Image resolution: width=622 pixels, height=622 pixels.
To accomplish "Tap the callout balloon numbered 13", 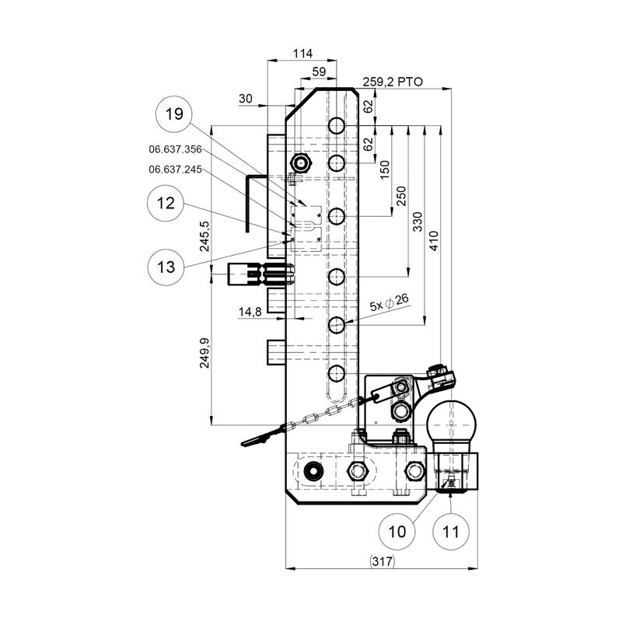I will (166, 267).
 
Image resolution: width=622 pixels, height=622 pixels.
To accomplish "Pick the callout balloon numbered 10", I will (397, 532).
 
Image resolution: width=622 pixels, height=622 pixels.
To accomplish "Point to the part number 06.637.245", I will (175, 169).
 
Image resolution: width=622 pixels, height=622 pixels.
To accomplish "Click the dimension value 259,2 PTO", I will (392, 81).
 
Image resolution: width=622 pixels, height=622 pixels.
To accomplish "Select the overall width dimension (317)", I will (380, 562).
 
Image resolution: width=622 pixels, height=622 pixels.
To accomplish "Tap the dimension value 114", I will (302, 54).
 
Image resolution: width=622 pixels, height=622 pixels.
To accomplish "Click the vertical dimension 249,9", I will (204, 351).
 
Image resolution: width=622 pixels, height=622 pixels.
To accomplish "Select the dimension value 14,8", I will (250, 312).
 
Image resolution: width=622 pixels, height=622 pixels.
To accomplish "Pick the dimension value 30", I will (246, 99).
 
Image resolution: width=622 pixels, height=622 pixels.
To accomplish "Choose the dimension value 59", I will (317, 72).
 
